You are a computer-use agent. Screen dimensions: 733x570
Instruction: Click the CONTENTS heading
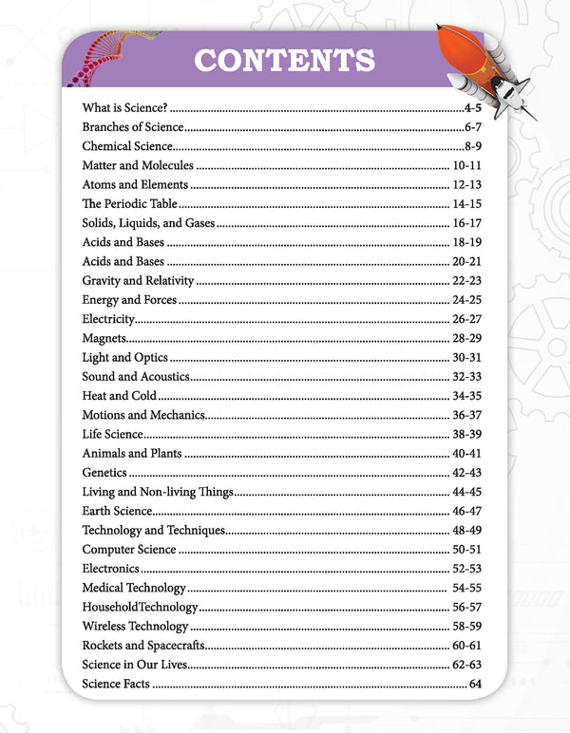tap(284, 60)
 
